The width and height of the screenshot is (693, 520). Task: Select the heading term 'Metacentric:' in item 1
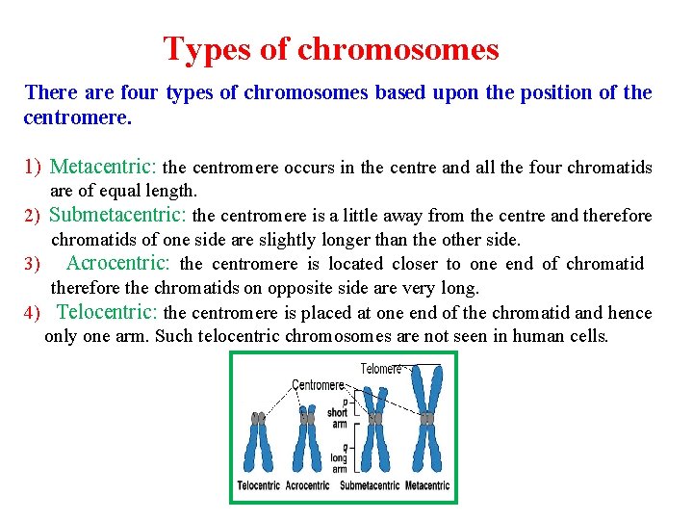click(x=105, y=168)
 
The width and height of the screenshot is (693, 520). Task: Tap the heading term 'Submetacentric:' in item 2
click(x=118, y=216)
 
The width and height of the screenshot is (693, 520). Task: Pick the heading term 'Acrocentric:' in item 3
click(x=117, y=263)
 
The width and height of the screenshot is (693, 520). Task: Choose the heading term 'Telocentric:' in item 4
click(x=108, y=312)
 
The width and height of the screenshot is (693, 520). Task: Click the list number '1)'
click(x=34, y=168)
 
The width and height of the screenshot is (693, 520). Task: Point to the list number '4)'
click(x=32, y=313)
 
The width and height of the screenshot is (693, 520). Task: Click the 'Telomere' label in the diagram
click(x=381, y=369)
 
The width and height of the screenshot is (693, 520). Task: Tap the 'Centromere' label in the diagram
click(x=318, y=385)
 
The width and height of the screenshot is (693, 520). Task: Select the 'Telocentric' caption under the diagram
click(x=259, y=485)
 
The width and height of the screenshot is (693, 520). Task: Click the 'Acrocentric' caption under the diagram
click(x=307, y=485)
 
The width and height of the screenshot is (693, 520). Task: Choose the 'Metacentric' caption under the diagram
click(x=426, y=485)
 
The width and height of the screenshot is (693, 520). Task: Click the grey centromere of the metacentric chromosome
click(x=425, y=418)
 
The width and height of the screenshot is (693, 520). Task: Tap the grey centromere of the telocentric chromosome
click(x=258, y=419)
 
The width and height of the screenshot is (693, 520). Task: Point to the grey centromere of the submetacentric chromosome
click(x=374, y=419)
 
